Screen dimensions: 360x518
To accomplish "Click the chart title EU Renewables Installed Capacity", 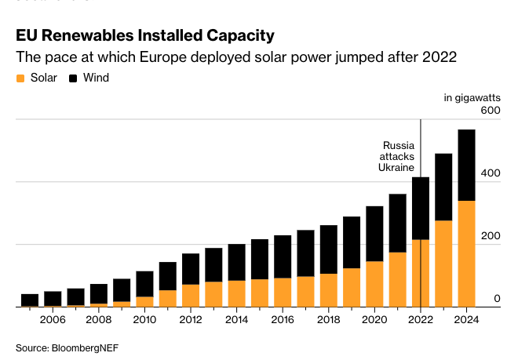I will pos(145,35).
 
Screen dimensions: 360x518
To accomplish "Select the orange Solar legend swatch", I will pos(20,78).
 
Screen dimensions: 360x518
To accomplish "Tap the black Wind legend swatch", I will pos(75,78).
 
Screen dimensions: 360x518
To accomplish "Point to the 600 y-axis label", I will pos(490,111).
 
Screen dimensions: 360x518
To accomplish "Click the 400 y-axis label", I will pos(490,173).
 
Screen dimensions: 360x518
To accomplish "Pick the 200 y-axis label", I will pos(490,236).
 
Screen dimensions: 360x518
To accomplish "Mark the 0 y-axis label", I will pos(496,299).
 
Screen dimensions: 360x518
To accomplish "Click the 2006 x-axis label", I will pos(53,320).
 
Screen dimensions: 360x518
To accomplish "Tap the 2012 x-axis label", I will pos(191,320).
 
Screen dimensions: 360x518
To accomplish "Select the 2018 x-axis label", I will pos(329,320).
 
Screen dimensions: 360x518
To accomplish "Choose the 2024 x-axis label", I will pos(467,320).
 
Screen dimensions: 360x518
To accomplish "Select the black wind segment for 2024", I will pos(467,165).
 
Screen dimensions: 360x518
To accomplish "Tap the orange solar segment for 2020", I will pos(375,283).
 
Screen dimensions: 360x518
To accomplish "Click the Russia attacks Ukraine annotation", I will pos(398,157).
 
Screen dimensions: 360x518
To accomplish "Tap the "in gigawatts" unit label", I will pos(472,97).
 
